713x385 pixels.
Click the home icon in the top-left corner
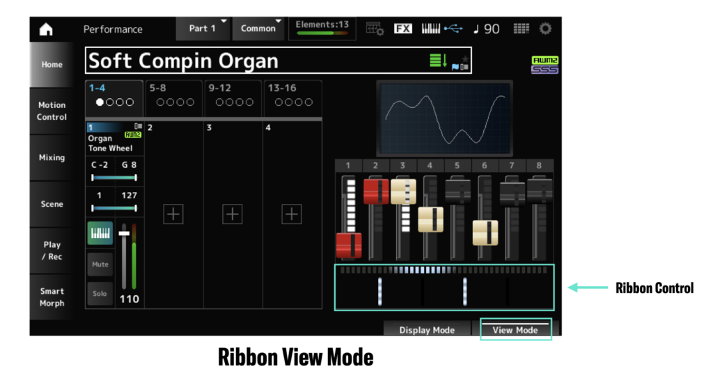(x=46, y=29)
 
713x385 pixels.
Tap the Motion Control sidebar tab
(x=52, y=111)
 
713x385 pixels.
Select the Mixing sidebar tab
(x=52, y=157)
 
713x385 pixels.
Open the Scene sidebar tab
(x=52, y=203)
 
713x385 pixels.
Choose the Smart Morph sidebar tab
(x=52, y=297)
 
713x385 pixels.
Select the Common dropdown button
(x=258, y=28)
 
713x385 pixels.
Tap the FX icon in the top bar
(x=402, y=29)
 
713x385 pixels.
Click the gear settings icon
(x=545, y=29)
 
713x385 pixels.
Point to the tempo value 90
(x=492, y=29)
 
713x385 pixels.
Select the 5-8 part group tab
(x=173, y=98)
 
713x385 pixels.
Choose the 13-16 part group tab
(x=293, y=98)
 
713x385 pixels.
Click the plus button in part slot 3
(x=233, y=214)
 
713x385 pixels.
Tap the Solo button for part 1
(x=100, y=293)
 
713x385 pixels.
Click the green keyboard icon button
(x=100, y=233)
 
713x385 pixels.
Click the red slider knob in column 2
(x=376, y=191)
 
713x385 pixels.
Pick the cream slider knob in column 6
(x=485, y=233)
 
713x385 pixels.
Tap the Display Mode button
(x=427, y=329)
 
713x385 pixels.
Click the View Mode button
(x=515, y=329)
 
